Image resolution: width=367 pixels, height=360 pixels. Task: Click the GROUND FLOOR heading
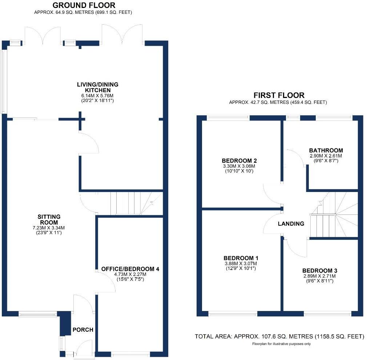pos(84,5)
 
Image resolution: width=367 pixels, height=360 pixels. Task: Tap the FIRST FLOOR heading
pos(279,95)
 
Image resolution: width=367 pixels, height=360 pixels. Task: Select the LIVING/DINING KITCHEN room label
pos(97,87)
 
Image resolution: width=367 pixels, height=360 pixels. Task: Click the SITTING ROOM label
pos(49,220)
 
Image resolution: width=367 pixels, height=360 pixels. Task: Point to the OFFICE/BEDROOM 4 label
pos(130,269)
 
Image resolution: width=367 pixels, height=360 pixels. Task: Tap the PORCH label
pos(83,330)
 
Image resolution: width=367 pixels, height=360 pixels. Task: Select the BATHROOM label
pos(326,150)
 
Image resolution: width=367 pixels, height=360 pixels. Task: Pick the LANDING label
pos(291,224)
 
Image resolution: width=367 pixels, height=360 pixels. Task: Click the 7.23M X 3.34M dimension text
pos(49,228)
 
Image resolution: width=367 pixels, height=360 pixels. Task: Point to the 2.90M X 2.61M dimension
pos(326,156)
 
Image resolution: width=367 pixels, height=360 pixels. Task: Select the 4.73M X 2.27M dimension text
pos(130,275)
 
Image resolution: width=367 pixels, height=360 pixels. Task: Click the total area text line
pos(279,336)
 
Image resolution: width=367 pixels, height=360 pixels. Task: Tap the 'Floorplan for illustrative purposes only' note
pos(279,343)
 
